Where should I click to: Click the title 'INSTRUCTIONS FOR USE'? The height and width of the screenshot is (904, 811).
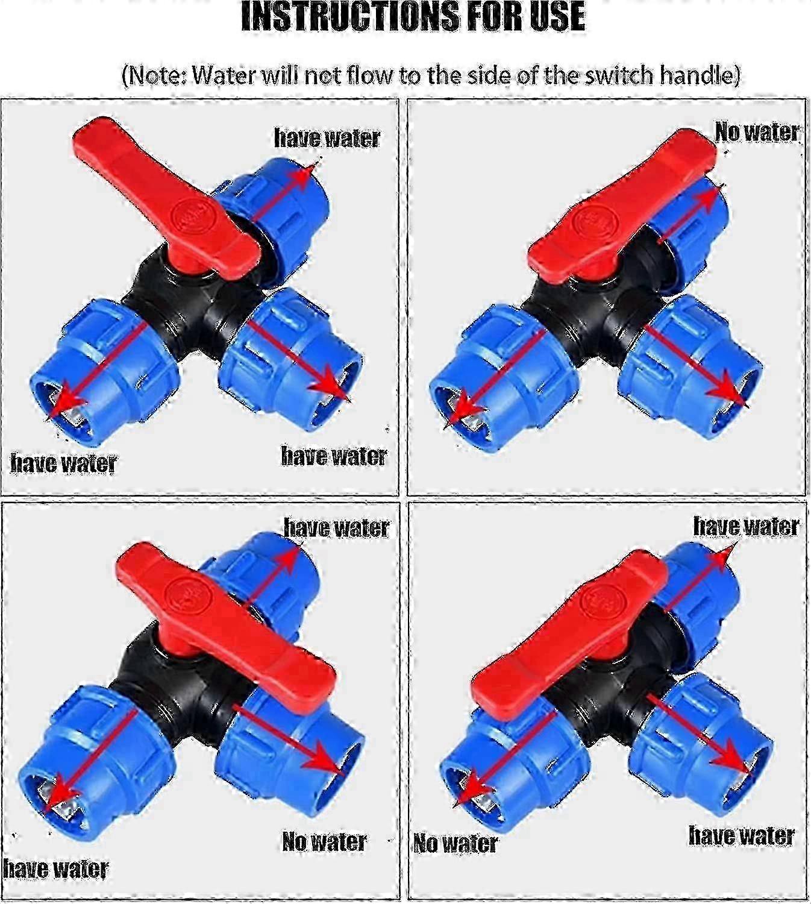413,17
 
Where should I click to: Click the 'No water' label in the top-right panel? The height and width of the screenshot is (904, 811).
757,131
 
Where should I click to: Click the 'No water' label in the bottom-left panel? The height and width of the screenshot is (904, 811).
324,841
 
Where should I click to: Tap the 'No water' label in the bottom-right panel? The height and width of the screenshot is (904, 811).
456,843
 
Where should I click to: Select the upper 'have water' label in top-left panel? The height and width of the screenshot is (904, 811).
327,137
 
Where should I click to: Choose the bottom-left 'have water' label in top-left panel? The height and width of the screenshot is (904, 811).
63,463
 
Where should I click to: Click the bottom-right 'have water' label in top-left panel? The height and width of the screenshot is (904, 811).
334,456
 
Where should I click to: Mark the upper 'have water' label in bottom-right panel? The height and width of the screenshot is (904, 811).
746,526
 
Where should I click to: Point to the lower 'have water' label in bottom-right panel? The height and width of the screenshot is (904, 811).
741,835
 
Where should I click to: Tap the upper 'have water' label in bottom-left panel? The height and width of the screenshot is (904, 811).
337,527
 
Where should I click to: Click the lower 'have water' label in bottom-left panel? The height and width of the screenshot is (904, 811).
55,868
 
